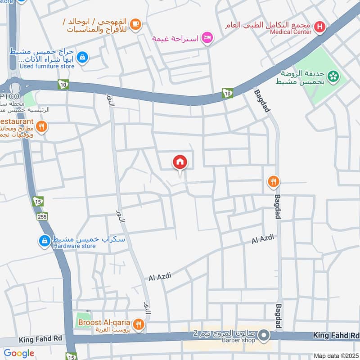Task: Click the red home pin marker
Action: click(180, 162)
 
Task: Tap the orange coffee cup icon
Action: click(135, 24)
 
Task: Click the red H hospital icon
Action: click(319, 27)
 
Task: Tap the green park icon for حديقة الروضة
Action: click(333, 76)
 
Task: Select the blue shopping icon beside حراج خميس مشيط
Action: click(82, 57)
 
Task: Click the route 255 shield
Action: click(42, 216)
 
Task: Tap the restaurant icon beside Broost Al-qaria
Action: click(139, 323)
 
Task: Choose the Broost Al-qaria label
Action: click(104, 323)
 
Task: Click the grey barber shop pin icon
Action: click(264, 335)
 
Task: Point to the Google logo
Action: click(19, 353)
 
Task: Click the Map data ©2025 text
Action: click(337, 356)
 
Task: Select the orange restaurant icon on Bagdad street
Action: click(273, 182)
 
